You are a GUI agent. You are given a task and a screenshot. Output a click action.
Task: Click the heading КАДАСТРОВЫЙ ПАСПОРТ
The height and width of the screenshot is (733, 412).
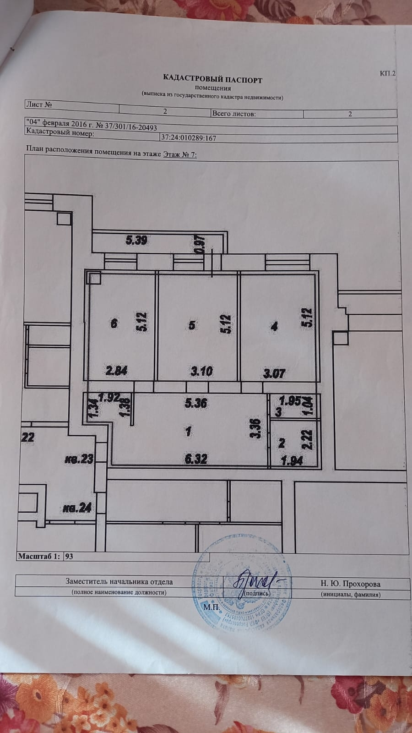(210, 80)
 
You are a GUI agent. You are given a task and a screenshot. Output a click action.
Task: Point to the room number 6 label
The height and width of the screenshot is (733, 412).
(114, 323)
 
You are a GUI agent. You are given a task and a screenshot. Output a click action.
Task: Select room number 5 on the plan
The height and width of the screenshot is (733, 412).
(192, 325)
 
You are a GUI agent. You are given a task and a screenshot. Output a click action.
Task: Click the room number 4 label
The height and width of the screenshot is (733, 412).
(274, 327)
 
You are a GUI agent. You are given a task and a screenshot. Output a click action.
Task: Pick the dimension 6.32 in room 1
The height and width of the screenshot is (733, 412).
(196, 458)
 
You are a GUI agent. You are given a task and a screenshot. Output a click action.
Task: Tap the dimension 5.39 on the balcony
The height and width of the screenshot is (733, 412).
(136, 239)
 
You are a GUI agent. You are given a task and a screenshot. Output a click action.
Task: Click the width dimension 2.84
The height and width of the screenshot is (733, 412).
(116, 370)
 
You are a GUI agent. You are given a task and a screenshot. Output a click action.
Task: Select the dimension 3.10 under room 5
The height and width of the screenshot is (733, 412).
(201, 371)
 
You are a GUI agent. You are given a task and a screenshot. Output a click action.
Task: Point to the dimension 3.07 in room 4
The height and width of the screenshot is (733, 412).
(273, 373)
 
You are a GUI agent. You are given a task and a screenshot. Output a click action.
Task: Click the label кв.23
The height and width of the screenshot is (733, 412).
(79, 459)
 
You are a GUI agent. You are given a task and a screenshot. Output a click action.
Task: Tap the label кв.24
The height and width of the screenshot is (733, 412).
(77, 508)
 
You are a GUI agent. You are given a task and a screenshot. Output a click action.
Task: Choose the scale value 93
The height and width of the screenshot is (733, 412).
(70, 557)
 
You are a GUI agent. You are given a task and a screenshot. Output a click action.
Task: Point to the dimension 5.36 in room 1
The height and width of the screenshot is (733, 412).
(195, 403)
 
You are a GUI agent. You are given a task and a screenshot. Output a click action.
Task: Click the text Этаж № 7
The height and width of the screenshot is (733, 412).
(180, 155)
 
